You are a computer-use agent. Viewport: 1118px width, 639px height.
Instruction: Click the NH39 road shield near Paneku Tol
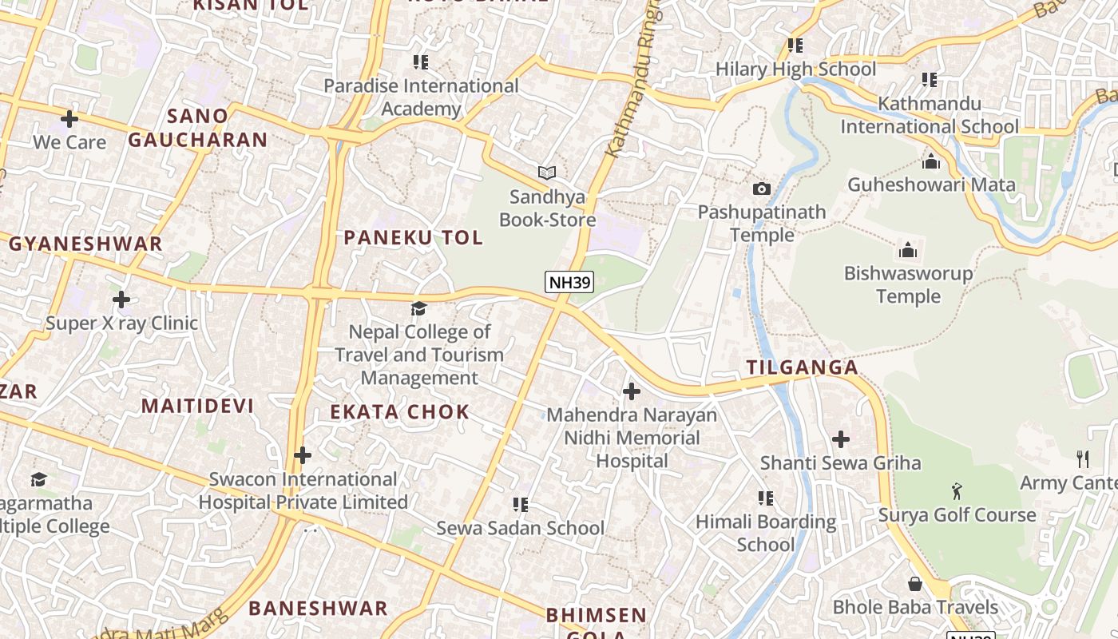coord(569,282)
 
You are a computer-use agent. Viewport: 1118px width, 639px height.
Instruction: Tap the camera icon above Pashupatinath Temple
coord(762,189)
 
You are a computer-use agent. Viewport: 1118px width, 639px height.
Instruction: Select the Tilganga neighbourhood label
coord(802,367)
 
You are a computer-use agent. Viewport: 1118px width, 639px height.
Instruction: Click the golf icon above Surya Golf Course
coord(957,490)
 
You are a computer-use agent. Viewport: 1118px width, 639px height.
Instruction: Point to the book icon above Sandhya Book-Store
coord(547,173)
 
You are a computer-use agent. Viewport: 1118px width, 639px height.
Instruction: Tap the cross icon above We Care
coord(69,119)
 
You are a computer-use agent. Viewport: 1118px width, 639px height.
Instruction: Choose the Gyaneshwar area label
coord(85,244)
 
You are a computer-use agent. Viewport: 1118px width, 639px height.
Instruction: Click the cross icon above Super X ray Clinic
coord(121,300)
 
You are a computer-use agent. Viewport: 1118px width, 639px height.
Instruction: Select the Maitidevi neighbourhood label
coord(197,406)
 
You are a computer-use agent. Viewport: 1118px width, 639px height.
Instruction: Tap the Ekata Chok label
coord(400,412)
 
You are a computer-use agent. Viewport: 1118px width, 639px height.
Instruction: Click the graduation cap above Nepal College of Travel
coord(418,308)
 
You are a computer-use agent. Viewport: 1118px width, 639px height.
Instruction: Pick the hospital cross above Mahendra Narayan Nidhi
coord(632,391)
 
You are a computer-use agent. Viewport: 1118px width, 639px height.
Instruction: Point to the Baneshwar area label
coord(318,608)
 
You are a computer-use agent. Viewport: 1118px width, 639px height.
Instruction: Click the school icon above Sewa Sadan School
coord(521,505)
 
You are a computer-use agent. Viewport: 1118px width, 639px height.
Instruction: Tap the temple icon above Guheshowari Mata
coord(931,162)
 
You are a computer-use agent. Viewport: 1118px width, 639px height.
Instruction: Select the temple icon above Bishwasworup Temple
coord(908,251)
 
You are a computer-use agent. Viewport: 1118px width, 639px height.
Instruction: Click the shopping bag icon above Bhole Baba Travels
coord(915,584)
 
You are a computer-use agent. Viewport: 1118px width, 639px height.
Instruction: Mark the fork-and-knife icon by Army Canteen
coord(1083,459)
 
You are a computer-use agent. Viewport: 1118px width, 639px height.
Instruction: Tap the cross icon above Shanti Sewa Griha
coord(841,439)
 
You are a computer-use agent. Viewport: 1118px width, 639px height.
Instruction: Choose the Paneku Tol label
coord(413,237)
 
